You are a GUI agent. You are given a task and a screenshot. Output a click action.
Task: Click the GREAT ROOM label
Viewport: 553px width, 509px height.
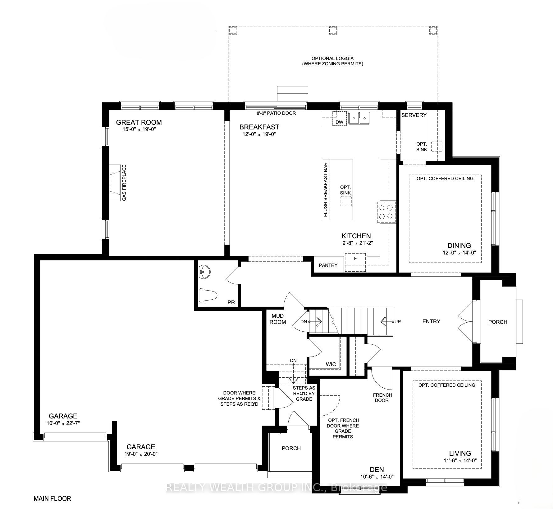tap(139, 122)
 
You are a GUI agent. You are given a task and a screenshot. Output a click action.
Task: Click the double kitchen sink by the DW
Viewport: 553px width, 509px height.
tap(359, 118)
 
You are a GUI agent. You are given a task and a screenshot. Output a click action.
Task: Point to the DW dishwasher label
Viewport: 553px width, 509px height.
tap(340, 122)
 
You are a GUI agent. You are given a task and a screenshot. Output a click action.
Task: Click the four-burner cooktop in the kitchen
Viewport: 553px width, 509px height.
tap(387, 212)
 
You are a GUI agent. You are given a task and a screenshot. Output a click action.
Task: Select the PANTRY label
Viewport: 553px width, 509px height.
tap(328, 265)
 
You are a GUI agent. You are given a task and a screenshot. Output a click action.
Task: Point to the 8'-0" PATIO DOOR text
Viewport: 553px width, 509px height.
tap(276, 113)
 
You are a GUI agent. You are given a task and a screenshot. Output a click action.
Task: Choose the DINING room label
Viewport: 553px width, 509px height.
tap(459, 245)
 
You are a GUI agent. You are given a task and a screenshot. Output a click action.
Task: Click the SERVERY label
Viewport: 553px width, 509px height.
tap(414, 115)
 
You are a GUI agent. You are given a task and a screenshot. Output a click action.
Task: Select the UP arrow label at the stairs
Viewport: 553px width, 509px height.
tap(397, 321)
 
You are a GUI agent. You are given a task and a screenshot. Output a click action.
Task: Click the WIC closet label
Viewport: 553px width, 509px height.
tap(331, 364)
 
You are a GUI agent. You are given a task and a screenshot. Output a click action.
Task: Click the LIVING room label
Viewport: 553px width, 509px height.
tap(460, 453)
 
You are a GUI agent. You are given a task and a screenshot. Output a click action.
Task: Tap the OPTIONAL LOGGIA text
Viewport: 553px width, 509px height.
tap(333, 58)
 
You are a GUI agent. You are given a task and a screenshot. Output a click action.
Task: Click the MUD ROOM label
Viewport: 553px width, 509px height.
tap(277, 319)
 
